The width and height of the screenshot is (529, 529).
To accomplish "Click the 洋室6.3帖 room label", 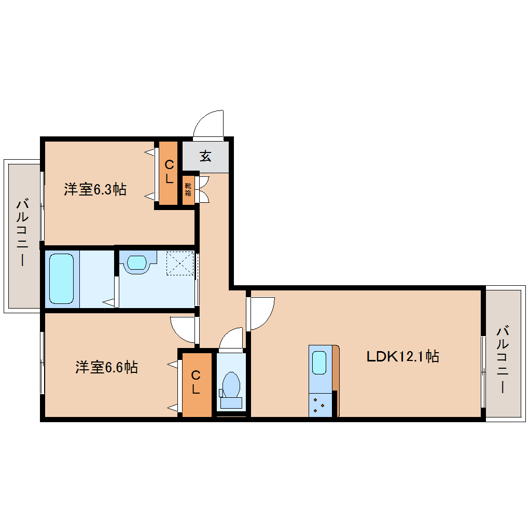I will point(95,189).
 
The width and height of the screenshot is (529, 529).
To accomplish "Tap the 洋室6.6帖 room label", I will point(106,368).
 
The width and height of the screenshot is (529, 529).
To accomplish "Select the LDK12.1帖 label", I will point(402,356).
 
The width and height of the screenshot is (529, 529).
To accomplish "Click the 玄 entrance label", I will point(206,156).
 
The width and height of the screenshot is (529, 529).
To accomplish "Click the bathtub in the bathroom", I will point(61,279).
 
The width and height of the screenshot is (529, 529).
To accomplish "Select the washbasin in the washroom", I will point(137,262).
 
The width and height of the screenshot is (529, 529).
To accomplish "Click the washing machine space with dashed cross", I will point(179,263).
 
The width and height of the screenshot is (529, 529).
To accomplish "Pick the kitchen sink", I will point(319,362).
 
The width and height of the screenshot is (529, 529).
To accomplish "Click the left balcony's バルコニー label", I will point(22,232).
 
